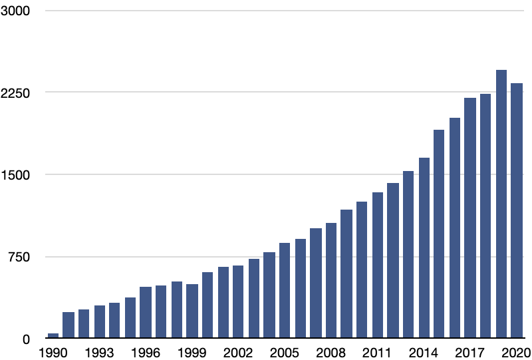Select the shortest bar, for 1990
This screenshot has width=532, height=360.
(x=53, y=336)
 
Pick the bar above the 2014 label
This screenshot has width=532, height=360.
(x=424, y=249)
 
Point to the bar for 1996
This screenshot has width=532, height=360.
(x=146, y=313)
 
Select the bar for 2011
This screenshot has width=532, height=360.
(x=378, y=266)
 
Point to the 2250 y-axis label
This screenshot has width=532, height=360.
(x=21, y=93)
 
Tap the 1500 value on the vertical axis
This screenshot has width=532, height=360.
(x=21, y=175)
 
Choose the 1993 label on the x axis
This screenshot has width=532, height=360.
(x=99, y=353)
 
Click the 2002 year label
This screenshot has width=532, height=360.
(x=238, y=353)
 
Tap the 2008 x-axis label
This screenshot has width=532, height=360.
(x=331, y=353)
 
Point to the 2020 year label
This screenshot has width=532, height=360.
(x=516, y=353)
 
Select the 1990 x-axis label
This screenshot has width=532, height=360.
(x=53, y=353)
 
